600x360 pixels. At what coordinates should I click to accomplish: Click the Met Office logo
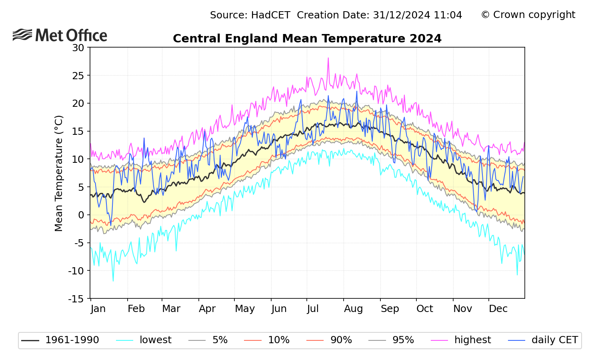point(60,35)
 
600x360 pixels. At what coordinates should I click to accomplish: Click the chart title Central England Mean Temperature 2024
point(307,39)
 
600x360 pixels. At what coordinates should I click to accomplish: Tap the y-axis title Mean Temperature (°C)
point(59,173)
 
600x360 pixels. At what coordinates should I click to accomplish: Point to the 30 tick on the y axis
point(78,48)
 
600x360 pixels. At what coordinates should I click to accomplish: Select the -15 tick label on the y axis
point(76,299)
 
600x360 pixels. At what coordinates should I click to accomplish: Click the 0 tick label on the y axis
point(81,215)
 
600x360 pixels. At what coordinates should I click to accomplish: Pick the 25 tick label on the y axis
point(78,76)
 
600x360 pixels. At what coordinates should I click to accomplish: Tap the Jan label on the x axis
point(98,309)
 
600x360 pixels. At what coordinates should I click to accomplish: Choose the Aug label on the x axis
point(353,309)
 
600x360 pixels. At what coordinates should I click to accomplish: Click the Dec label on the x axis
point(498,309)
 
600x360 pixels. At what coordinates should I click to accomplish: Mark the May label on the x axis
point(245,309)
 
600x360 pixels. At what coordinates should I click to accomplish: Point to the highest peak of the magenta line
point(328,58)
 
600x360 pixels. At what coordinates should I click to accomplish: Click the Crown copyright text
point(528,15)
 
